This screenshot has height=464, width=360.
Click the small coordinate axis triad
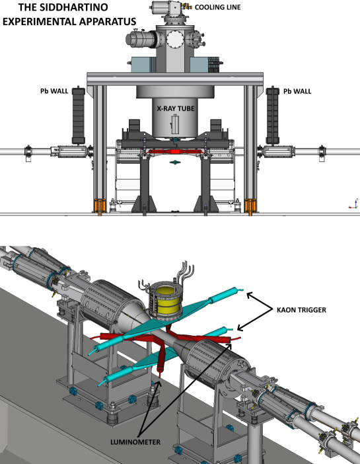click(x=351, y=205)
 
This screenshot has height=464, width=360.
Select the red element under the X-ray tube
click(x=173, y=151)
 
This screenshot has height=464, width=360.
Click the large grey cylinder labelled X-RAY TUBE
click(x=173, y=116)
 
